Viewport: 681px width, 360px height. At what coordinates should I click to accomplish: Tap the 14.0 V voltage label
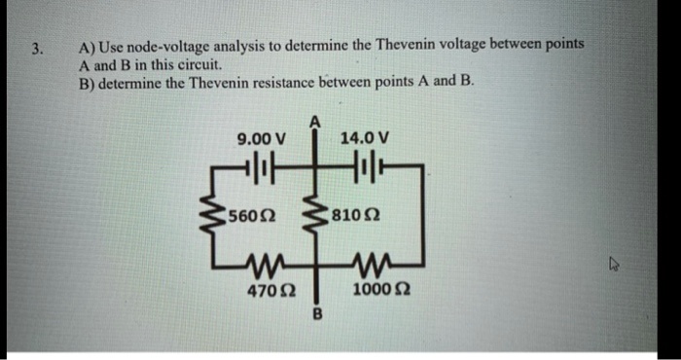pyautogui.click(x=366, y=138)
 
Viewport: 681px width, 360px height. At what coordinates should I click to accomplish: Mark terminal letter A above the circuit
pyautogui.click(x=314, y=121)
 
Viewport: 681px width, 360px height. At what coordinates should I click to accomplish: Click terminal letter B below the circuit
pyautogui.click(x=315, y=313)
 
